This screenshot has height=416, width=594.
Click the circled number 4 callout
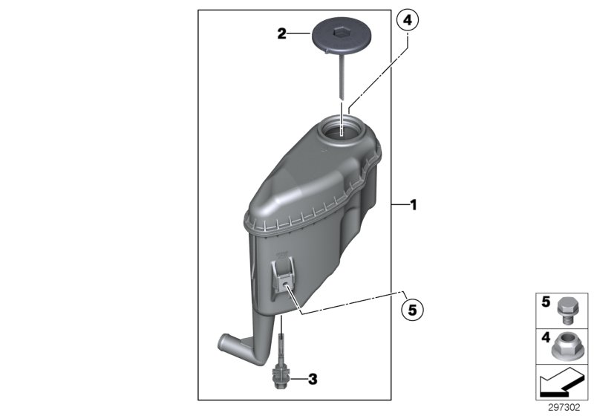[407, 22]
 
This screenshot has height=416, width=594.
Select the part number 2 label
[281, 33]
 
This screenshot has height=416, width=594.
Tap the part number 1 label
[414, 204]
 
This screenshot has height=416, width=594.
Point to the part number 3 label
[313, 380]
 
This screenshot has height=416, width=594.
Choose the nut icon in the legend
[567, 345]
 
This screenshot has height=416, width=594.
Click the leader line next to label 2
[301, 33]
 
